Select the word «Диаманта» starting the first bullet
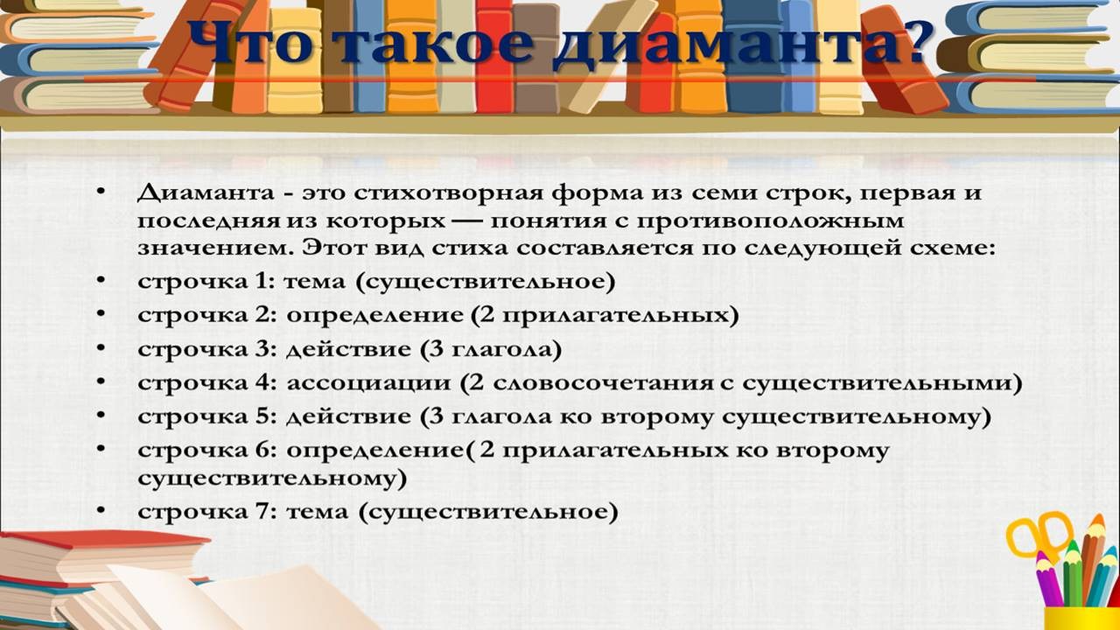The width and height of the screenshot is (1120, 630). (x=206, y=193)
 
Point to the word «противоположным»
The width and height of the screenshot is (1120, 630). (x=771, y=222)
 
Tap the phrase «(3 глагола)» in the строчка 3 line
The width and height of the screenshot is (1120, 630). (x=491, y=349)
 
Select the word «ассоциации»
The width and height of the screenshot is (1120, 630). (x=369, y=384)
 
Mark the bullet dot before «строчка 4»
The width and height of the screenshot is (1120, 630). (x=101, y=381)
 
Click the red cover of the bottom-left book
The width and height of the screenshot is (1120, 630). (x=105, y=540)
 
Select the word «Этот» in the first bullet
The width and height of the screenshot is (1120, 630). (x=338, y=248)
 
